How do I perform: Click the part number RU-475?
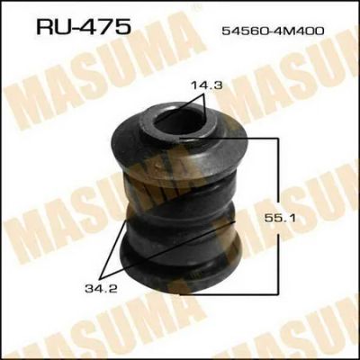pos(84,26)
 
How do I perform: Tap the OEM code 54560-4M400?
pos(273,31)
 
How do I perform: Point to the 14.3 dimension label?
pos(207,85)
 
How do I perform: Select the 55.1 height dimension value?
pos(280,218)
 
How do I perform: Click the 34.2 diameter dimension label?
pos(101,289)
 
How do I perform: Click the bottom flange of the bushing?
pos(180,264)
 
